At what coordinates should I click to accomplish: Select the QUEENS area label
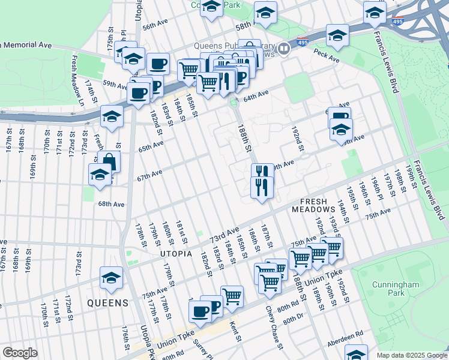107,302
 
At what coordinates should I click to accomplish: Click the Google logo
20,353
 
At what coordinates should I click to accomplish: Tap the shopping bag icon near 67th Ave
109,161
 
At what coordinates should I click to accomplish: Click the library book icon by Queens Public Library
285,49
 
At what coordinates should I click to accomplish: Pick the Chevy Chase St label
274,327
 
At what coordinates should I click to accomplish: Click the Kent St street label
235,331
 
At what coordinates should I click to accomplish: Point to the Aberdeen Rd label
345,338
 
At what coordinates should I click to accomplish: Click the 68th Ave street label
111,205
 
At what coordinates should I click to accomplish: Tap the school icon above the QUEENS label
111,277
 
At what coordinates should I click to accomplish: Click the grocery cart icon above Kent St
232,295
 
